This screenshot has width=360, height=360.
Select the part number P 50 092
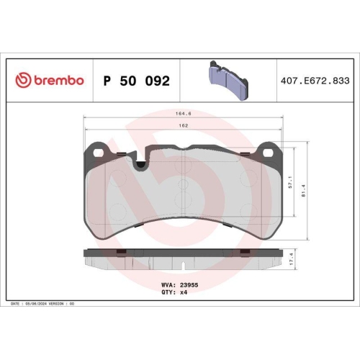click(137, 81)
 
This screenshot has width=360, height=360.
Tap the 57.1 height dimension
click(289, 181)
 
